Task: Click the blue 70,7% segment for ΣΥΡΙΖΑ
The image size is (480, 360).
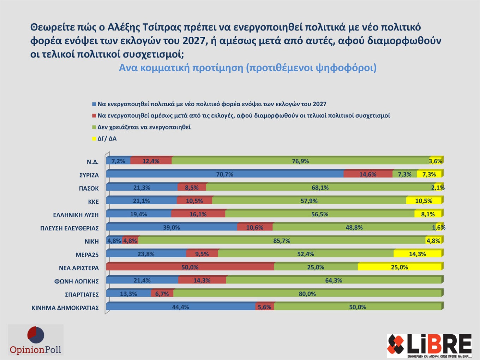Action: click(x=225, y=174)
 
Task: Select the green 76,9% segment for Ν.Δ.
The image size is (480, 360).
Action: click(x=300, y=161)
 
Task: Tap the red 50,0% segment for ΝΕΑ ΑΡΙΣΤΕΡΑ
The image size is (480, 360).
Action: click(x=190, y=267)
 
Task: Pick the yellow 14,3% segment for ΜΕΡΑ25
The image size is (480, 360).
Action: click(x=417, y=254)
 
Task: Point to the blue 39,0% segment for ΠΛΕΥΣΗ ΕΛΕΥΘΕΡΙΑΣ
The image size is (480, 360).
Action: click(x=172, y=227)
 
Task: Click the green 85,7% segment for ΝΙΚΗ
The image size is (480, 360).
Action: click(x=282, y=241)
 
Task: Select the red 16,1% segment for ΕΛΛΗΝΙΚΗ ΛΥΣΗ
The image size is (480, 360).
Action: click(x=198, y=214)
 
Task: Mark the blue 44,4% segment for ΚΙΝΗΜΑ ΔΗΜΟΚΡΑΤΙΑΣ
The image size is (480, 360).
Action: click(x=180, y=307)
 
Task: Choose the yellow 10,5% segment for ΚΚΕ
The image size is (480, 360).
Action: click(x=424, y=201)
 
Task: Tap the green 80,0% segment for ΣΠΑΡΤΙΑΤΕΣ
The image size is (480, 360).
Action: click(x=307, y=294)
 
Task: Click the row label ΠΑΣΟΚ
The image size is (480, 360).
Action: click(x=89, y=188)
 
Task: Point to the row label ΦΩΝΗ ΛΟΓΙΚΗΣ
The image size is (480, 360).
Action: click(x=76, y=281)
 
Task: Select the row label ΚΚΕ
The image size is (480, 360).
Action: click(x=93, y=202)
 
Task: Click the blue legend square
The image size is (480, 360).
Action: click(x=94, y=104)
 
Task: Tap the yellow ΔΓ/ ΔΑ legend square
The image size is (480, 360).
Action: click(x=94, y=139)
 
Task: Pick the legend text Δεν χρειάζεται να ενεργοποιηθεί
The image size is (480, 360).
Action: click(x=144, y=127)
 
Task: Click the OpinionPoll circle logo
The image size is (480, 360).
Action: click(x=36, y=335)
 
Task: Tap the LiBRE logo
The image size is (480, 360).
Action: click(x=429, y=345)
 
